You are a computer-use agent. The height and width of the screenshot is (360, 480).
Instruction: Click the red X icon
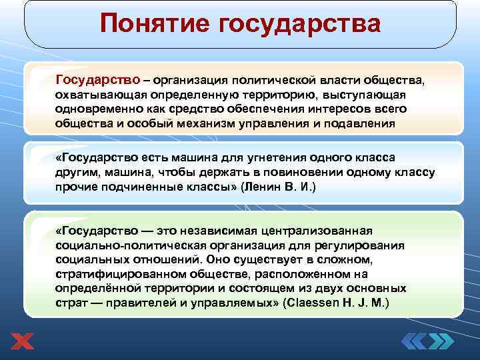(x=22, y=341)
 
